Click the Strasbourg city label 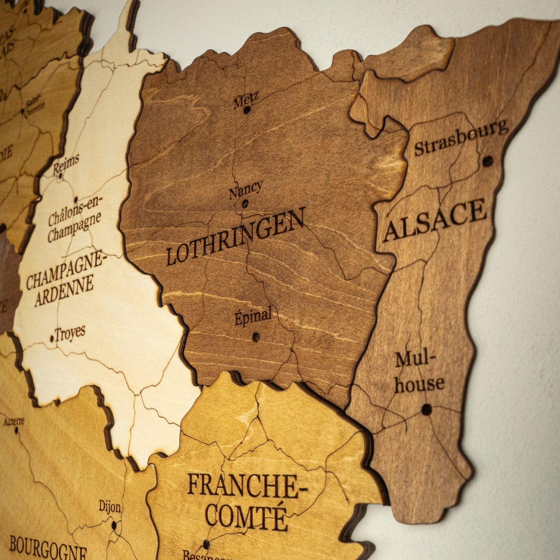coord(460,138)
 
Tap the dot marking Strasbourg coord(487,161)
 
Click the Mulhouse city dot coord(427,409)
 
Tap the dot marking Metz coord(247,110)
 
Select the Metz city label coord(246,100)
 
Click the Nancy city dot coord(245,203)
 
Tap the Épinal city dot coord(255,337)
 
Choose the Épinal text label coord(253,317)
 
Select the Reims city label coord(66,164)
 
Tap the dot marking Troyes coord(52,339)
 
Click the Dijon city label coord(110,507)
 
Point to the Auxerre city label coord(14,421)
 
